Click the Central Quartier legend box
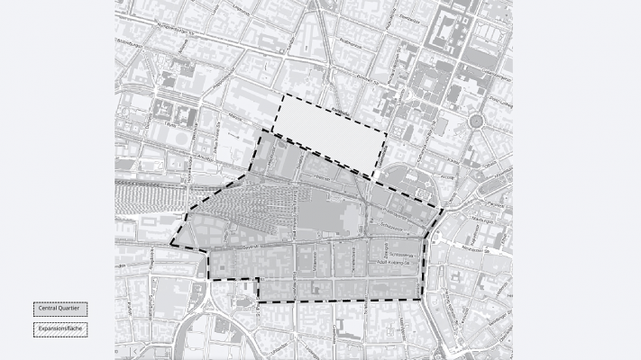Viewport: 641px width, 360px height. [60, 309]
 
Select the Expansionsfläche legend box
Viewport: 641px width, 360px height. [60, 329]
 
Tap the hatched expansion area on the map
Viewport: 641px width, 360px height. [329, 130]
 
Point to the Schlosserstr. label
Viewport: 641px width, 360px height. [399, 254]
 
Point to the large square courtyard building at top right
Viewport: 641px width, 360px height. [450, 31]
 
